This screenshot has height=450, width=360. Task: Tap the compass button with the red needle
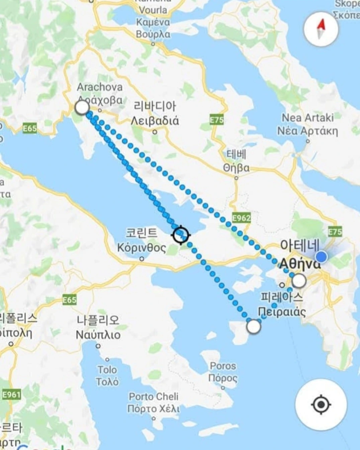pyautogui.click(x=321, y=29)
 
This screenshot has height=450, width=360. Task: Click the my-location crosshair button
pyautogui.click(x=321, y=405)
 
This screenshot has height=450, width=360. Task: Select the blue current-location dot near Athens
pyautogui.click(x=322, y=257)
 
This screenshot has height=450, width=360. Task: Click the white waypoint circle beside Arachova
pyautogui.click(x=82, y=108)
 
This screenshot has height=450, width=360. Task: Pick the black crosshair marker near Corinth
pyautogui.click(x=181, y=235)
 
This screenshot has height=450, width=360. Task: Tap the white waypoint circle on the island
pyautogui.click(x=254, y=326)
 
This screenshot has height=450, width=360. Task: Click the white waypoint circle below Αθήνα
pyautogui.click(x=299, y=281)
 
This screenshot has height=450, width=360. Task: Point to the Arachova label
pyautogui.click(x=100, y=87)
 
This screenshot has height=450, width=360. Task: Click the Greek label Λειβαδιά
pyautogui.click(x=155, y=120)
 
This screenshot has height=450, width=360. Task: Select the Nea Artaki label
pyautogui.click(x=307, y=118)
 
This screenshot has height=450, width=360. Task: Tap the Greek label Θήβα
pyautogui.click(x=236, y=168)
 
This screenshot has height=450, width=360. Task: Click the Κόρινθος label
pyautogui.click(x=142, y=248)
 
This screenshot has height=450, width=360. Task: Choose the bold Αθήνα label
pyautogui.click(x=299, y=264)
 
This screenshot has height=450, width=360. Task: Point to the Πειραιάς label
pyautogui.click(x=282, y=312)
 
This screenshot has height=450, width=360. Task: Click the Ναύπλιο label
pyautogui.click(x=98, y=335)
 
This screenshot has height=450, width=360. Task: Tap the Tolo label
pyautogui.click(x=107, y=370)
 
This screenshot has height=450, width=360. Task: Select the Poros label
pyautogui.click(x=223, y=366)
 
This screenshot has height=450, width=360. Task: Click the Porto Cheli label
pyautogui.click(x=154, y=397)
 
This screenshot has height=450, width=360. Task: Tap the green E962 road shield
pyautogui.click(x=241, y=218)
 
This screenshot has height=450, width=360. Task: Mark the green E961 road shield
pyautogui.click(x=11, y=395)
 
